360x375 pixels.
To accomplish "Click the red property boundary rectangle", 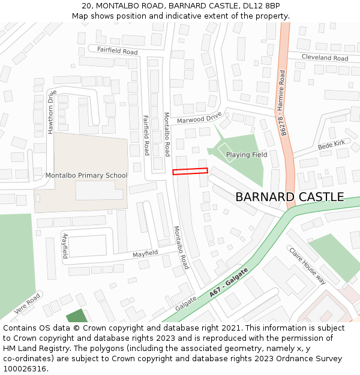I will [190, 171].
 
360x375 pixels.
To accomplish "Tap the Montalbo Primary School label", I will [86, 175].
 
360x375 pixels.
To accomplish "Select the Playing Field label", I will [247, 155].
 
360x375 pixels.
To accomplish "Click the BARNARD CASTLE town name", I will [289, 197].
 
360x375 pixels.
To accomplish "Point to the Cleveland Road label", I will [325, 58].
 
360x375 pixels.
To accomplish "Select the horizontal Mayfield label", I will [145, 253].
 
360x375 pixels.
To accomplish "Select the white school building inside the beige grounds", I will [99, 190].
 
